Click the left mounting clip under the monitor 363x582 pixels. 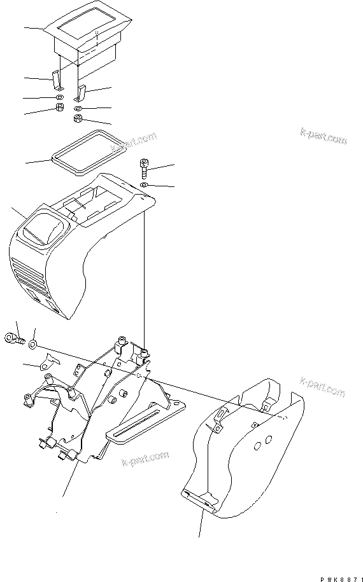[55, 80]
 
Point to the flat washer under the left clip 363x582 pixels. [59, 97]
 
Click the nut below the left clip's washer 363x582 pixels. [59, 109]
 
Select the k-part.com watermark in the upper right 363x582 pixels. [324, 135]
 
